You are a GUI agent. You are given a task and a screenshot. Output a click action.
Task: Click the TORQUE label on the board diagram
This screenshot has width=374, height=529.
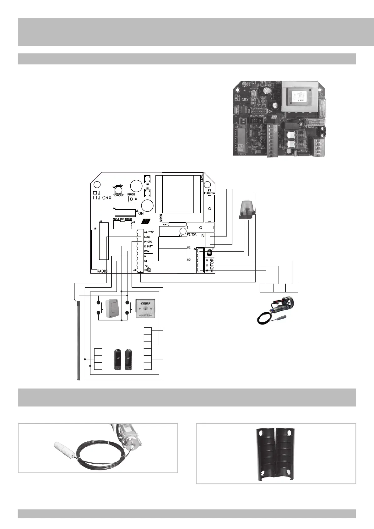click(118, 195)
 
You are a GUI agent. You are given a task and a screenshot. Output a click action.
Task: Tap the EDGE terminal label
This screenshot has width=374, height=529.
click(147, 237)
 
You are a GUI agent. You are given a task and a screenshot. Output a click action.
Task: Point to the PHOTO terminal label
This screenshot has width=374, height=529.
click(148, 242)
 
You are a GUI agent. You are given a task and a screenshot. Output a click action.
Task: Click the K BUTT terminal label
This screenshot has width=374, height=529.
click(148, 247)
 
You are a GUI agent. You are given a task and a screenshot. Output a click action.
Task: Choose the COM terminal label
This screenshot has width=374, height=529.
click(147, 251)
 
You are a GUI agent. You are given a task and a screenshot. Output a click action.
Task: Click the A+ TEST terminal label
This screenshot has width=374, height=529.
click(149, 232)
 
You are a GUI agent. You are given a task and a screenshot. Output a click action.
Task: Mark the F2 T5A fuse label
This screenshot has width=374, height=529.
click(192, 234)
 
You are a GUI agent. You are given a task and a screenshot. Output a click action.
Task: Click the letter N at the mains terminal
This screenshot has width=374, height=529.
click(203, 236)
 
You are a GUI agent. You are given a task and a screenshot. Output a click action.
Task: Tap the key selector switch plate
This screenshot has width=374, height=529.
click(145, 308)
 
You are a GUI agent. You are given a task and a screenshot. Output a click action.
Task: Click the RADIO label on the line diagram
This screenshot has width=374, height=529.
click(102, 271)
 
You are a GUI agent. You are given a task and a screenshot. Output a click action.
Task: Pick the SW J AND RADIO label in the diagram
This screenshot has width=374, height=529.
click(122, 219)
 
